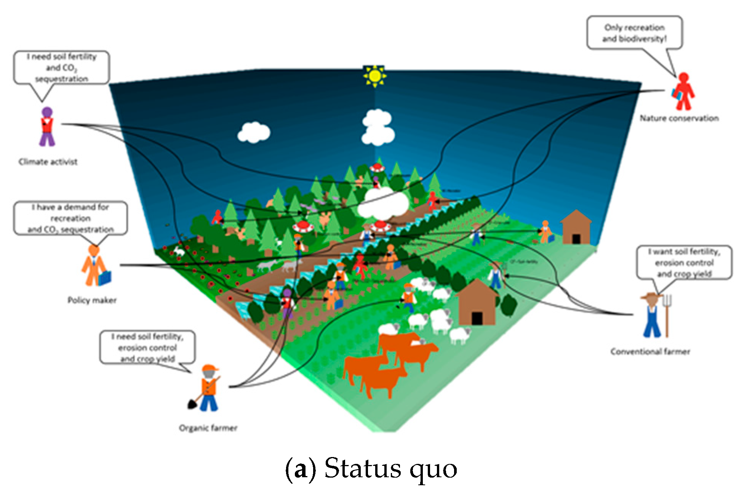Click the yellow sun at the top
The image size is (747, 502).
click(374, 76)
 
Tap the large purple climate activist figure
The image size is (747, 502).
click(47, 127)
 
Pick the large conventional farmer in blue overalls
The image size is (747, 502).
click(652, 316)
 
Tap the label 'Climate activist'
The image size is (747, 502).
click(48, 162)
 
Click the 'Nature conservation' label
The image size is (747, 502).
click(679, 119)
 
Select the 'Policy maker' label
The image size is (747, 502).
click(92, 300)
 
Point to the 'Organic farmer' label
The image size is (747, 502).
click(208, 428)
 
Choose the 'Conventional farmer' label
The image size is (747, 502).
click(650, 351)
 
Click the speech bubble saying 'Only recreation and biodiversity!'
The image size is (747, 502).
click(634, 33)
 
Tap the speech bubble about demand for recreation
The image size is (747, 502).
click(70, 218)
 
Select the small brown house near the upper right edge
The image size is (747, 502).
click(576, 228)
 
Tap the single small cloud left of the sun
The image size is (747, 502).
click(254, 132)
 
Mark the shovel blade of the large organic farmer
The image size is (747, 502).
click(192, 404)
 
